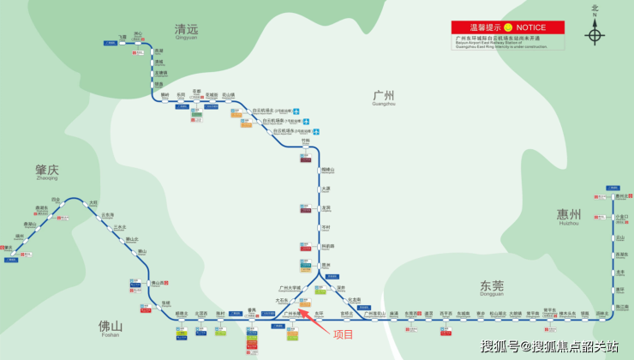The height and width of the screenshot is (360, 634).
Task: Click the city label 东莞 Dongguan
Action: point(491,285)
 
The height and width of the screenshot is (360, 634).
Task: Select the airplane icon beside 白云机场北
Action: point(296,111)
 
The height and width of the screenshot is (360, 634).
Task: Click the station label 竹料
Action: point(305,143)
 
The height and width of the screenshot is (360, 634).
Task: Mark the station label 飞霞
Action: point(122,37)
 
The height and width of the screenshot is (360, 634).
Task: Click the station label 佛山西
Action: point(156,283)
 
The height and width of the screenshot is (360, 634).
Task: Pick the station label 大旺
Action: point(93,202)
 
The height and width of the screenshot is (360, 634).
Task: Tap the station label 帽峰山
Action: point(326,170)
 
